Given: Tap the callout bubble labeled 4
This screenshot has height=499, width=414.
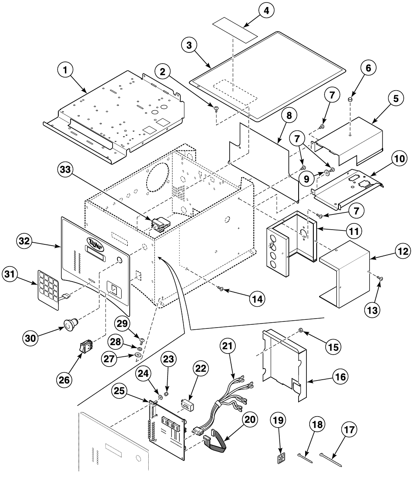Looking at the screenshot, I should (x=266, y=11).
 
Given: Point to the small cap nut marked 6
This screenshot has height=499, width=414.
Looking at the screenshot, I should (x=350, y=98).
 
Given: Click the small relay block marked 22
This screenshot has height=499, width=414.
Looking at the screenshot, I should (x=188, y=404).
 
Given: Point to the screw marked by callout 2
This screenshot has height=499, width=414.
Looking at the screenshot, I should (x=215, y=108).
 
